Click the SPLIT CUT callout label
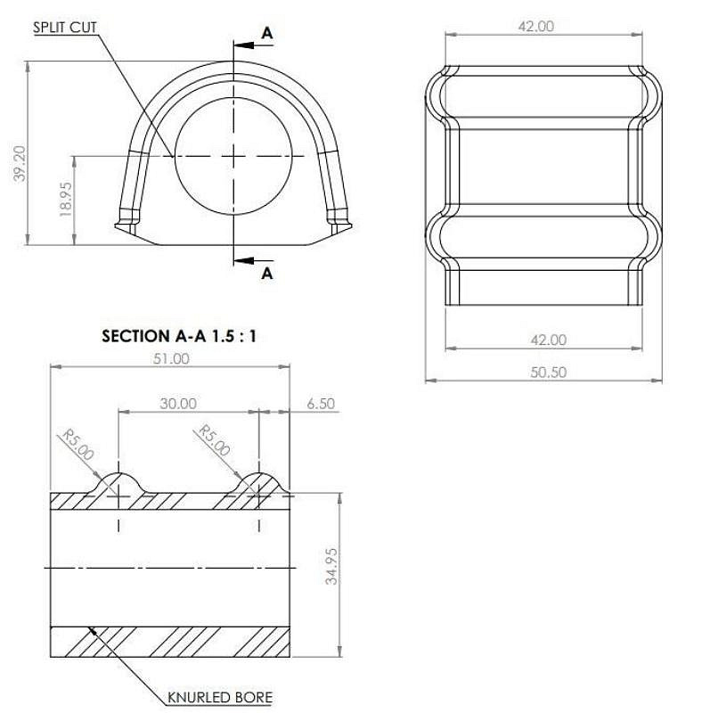(x=64, y=28)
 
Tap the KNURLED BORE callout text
(x=220, y=698)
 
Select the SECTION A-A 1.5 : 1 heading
(x=178, y=336)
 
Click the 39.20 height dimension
(x=20, y=163)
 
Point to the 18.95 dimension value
(x=66, y=200)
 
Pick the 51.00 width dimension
(x=171, y=358)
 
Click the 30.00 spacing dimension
(x=178, y=404)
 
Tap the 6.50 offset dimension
(x=321, y=404)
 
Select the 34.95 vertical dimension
(x=331, y=566)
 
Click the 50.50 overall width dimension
(x=548, y=372)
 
